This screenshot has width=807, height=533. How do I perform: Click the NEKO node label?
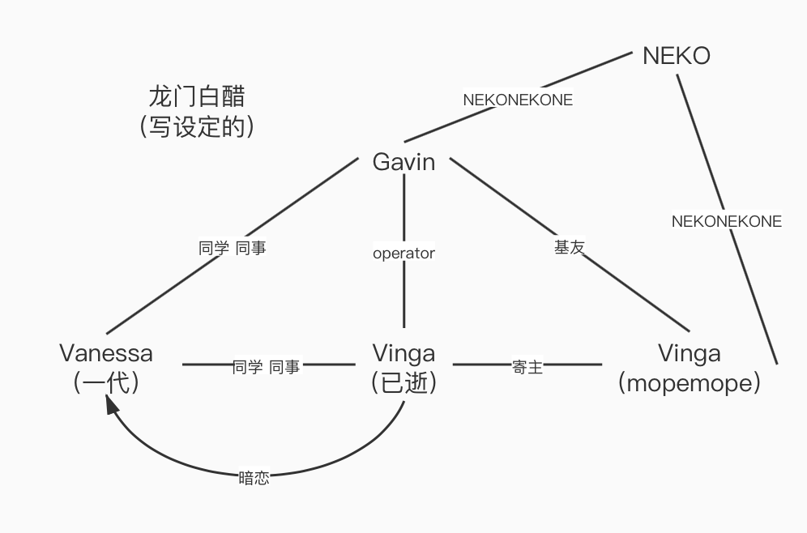click(676, 55)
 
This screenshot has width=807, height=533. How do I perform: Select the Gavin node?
click(403, 162)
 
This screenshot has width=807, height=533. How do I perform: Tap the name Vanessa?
click(106, 353)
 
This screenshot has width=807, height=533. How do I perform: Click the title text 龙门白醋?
click(197, 96)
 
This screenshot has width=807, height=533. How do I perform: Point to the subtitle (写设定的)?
click(197, 126)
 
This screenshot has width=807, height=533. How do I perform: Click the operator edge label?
click(403, 254)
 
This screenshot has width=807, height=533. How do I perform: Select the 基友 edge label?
click(569, 247)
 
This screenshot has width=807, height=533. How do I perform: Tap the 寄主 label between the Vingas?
click(527, 367)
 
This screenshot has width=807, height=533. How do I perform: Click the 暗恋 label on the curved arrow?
click(254, 478)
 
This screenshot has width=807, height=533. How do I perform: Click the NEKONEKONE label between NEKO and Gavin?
click(518, 100)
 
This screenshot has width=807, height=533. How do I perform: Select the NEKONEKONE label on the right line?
click(727, 221)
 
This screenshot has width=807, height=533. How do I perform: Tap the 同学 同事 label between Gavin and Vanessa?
click(233, 248)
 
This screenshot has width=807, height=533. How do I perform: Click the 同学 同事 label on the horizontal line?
click(266, 367)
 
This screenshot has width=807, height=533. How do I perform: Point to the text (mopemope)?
click(689, 382)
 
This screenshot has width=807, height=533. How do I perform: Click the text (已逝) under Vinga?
click(403, 382)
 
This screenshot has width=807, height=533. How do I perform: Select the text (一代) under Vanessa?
click(106, 382)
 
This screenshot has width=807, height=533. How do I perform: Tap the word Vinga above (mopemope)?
click(689, 353)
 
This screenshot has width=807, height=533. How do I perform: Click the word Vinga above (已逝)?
click(403, 353)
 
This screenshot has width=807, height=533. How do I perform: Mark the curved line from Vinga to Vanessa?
click(340, 462)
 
